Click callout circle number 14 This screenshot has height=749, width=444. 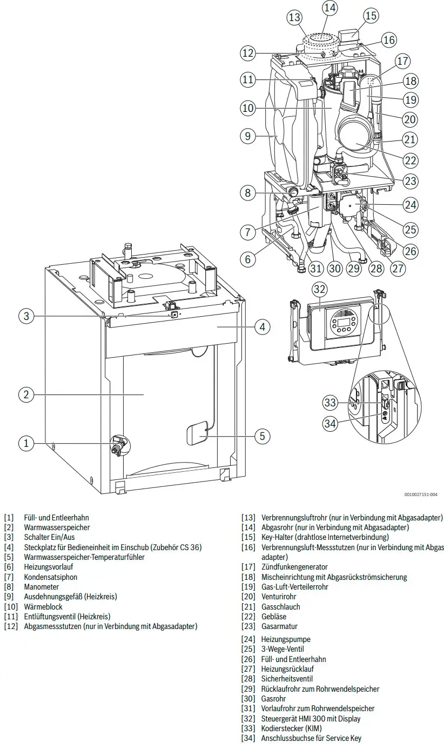[x=329, y=8]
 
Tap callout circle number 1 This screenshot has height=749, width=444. [x=26, y=443]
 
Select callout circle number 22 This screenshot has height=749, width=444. [x=410, y=160]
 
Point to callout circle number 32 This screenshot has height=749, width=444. [x=320, y=289]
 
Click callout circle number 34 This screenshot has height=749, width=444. [x=330, y=424]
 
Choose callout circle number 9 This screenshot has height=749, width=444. [x=248, y=136]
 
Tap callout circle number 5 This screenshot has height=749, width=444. [x=262, y=436]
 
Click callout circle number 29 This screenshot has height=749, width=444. [x=353, y=268]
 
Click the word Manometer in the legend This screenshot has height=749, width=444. [x=42, y=586]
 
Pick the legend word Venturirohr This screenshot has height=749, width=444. [x=279, y=596]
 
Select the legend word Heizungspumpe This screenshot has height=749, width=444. [x=286, y=639]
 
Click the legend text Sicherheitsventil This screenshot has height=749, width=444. [x=287, y=678]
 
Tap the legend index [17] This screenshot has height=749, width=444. [x=248, y=567]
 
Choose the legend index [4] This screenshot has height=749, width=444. [x=9, y=547]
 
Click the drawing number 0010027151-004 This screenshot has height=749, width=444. [x=421, y=494]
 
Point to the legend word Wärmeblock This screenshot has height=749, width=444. [x=43, y=606]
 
